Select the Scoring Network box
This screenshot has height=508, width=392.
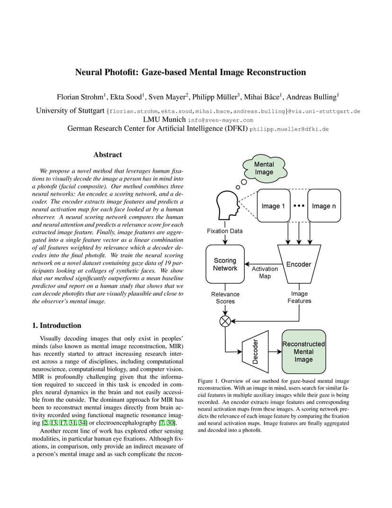225,264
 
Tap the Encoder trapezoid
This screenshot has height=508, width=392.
299,264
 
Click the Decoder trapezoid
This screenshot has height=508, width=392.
255,352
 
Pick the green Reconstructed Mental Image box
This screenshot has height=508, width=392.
303,352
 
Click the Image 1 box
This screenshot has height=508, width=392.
274,206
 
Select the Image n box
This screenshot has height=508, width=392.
324,206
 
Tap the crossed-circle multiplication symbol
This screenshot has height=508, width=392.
225,321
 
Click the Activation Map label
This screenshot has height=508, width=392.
265,272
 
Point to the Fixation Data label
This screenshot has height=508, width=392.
225,231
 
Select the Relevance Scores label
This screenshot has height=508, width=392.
225,298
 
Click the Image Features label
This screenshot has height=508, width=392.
299,297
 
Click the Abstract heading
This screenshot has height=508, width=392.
107,154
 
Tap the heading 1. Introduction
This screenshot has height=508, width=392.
57,325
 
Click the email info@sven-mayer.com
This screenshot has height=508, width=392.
221,120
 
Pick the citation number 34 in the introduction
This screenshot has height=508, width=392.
82,423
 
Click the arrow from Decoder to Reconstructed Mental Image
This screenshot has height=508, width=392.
275,352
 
